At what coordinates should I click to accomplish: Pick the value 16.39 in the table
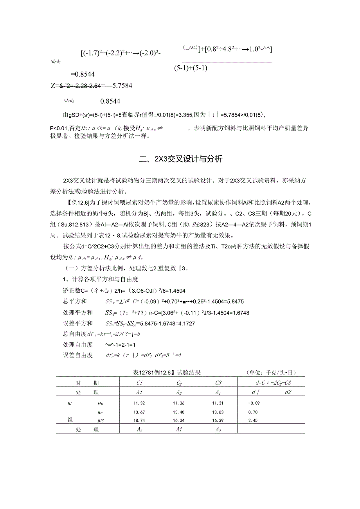pyautogui.click(x=218, y=420)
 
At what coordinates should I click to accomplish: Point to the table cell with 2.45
pyautogui.click(x=253, y=420)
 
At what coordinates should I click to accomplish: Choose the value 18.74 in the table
pyautogui.click(x=139, y=420)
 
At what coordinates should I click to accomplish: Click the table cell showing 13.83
pyautogui.click(x=218, y=412)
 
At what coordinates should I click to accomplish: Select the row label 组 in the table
pyautogui.click(x=70, y=419)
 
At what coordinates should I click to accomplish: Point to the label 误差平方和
pyautogui.click(x=77, y=324)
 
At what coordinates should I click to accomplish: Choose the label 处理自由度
pyautogui.click(x=77, y=344)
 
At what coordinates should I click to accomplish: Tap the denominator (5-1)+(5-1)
pyautogui.click(x=191, y=68)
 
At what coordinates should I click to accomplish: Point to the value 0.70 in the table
pyautogui.click(x=253, y=412)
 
